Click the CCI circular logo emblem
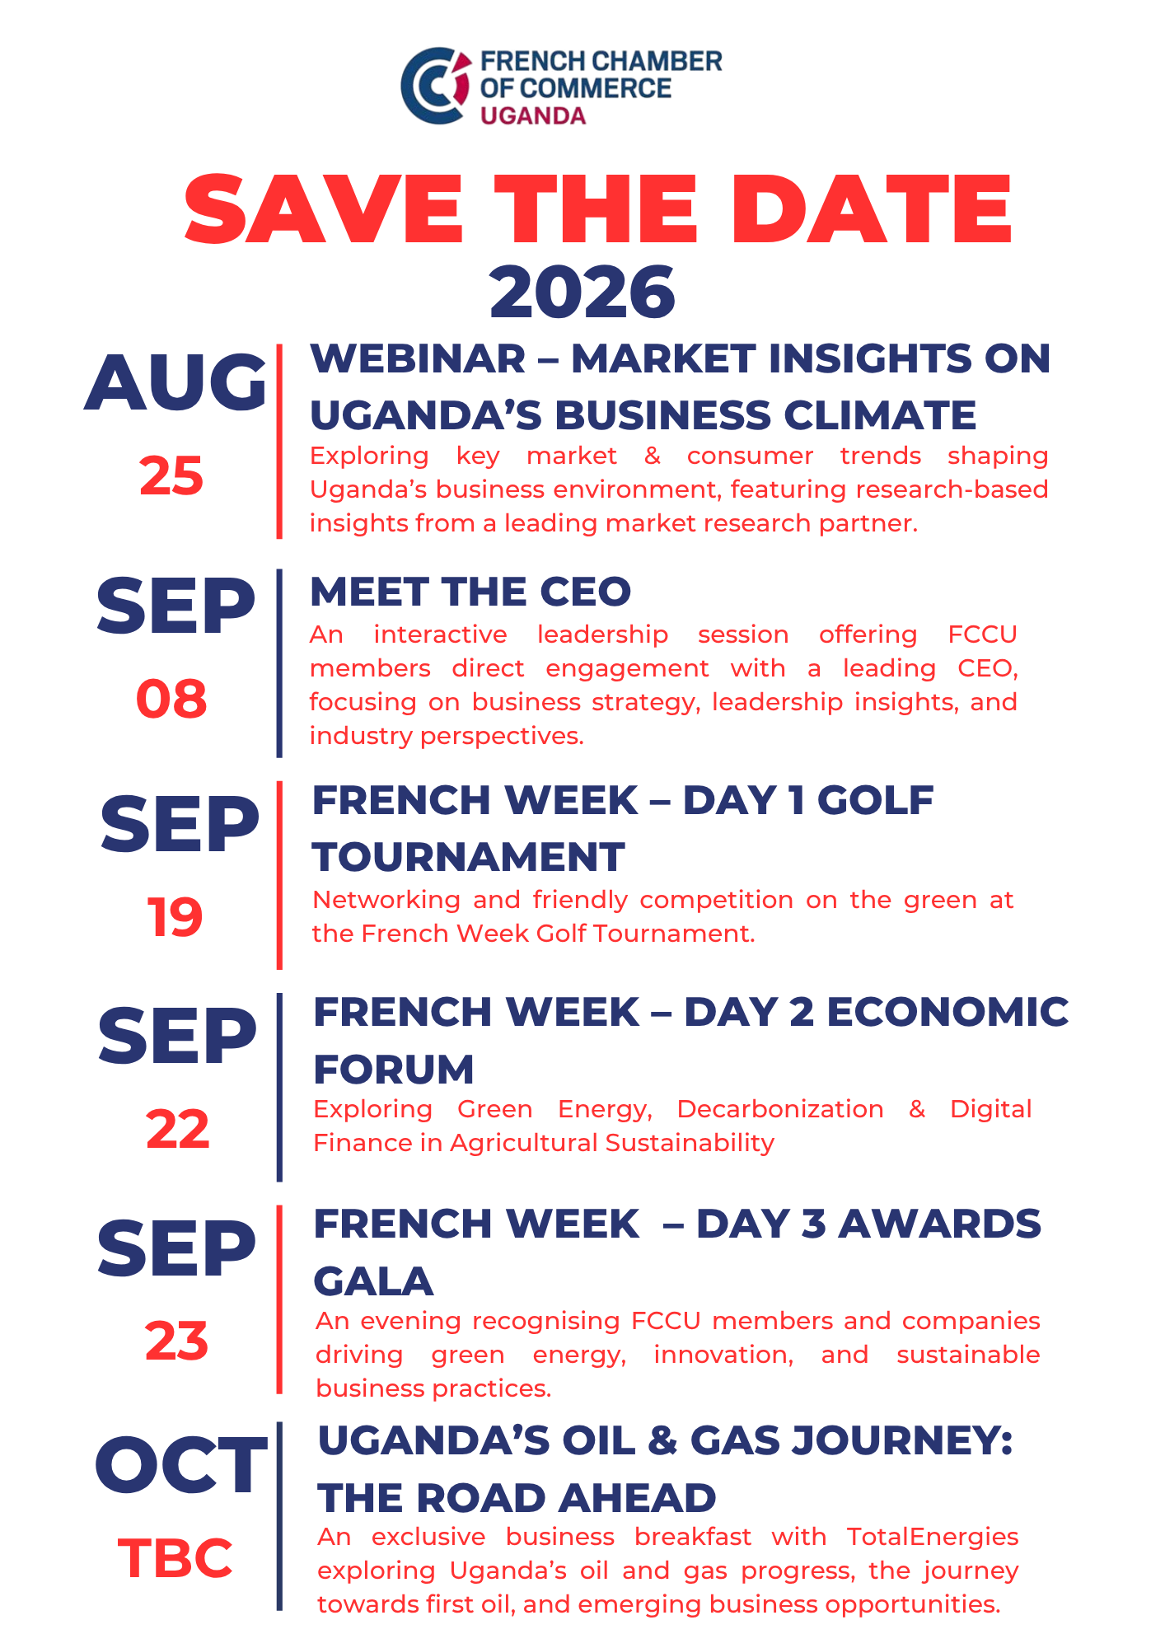(x=435, y=86)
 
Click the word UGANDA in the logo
(x=533, y=115)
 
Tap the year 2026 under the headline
(x=582, y=292)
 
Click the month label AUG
(x=175, y=382)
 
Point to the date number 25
(x=171, y=475)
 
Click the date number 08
(x=171, y=699)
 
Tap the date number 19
(x=175, y=917)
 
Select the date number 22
(x=177, y=1128)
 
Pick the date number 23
(x=176, y=1341)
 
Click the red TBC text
(x=175, y=1558)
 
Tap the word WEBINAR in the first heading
(x=418, y=358)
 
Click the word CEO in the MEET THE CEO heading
(x=585, y=592)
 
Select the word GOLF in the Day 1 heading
(x=875, y=800)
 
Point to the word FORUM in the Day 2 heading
(x=394, y=1070)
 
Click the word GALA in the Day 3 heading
(x=374, y=1281)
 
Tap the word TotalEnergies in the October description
(x=933, y=1537)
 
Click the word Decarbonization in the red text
(x=780, y=1109)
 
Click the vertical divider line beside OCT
(x=279, y=1516)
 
